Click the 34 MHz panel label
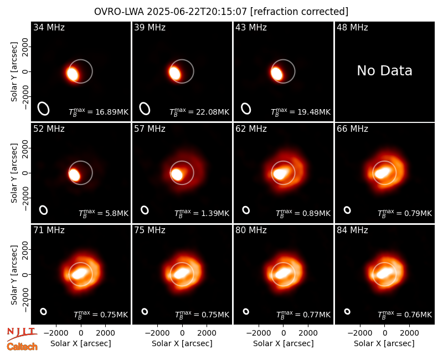49,27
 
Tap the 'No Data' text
384,71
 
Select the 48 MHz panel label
352,27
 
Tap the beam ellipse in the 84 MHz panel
347,311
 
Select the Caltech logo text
22,347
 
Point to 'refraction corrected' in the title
299,12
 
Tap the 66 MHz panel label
352,129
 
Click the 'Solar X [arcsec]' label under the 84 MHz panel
384,343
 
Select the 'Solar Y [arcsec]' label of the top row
14,72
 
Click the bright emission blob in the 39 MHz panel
175,73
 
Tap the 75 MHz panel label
150,230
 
